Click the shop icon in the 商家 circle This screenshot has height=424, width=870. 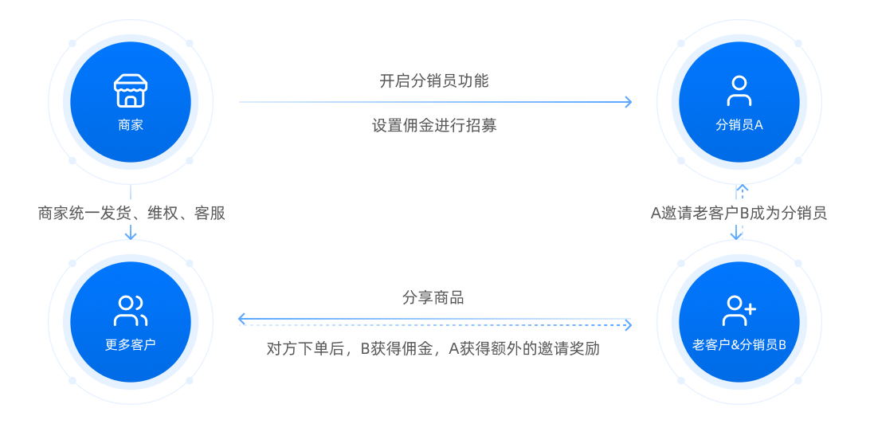click(x=130, y=92)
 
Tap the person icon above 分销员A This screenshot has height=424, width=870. click(x=739, y=91)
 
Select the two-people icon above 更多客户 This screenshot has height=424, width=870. click(x=130, y=311)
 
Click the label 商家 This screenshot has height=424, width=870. click(x=130, y=125)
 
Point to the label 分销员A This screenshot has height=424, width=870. click(x=739, y=125)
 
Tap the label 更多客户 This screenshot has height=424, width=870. click(x=130, y=345)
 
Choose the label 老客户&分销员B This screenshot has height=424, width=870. click(x=739, y=345)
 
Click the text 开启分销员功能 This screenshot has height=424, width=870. click(x=433, y=80)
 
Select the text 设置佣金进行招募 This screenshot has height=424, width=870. click(x=433, y=125)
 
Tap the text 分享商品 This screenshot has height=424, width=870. click(x=433, y=298)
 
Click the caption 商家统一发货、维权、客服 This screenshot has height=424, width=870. click(x=131, y=214)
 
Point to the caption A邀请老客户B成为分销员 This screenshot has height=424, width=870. click(x=739, y=213)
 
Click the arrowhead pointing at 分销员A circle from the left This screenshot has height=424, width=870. click(x=629, y=102)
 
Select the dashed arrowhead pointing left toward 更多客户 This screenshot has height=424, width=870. click(x=242, y=320)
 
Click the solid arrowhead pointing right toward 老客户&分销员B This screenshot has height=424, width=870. click(x=628, y=324)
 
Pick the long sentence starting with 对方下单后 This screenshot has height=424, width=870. click(x=433, y=349)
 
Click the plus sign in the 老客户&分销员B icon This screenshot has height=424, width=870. click(x=749, y=305)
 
